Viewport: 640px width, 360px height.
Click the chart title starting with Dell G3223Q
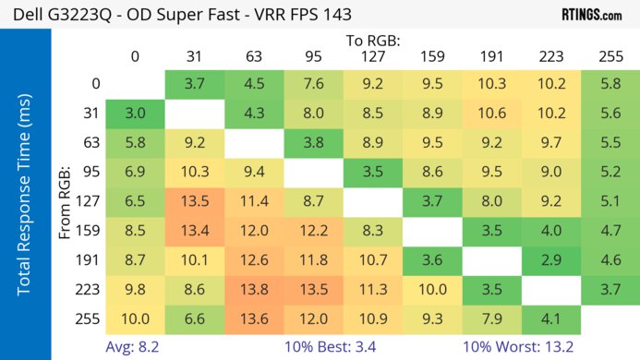coord(181,15)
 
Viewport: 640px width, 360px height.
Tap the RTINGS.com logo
coord(591,15)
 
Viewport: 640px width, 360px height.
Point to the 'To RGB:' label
coord(372,41)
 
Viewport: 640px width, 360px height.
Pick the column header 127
coord(372,56)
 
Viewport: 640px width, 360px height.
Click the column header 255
coord(610,56)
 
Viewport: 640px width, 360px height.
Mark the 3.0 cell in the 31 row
coord(135,113)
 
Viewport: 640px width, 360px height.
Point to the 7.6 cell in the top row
coord(313,83)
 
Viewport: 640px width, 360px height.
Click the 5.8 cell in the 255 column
coord(610,83)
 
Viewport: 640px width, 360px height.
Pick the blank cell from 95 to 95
coord(313,173)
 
